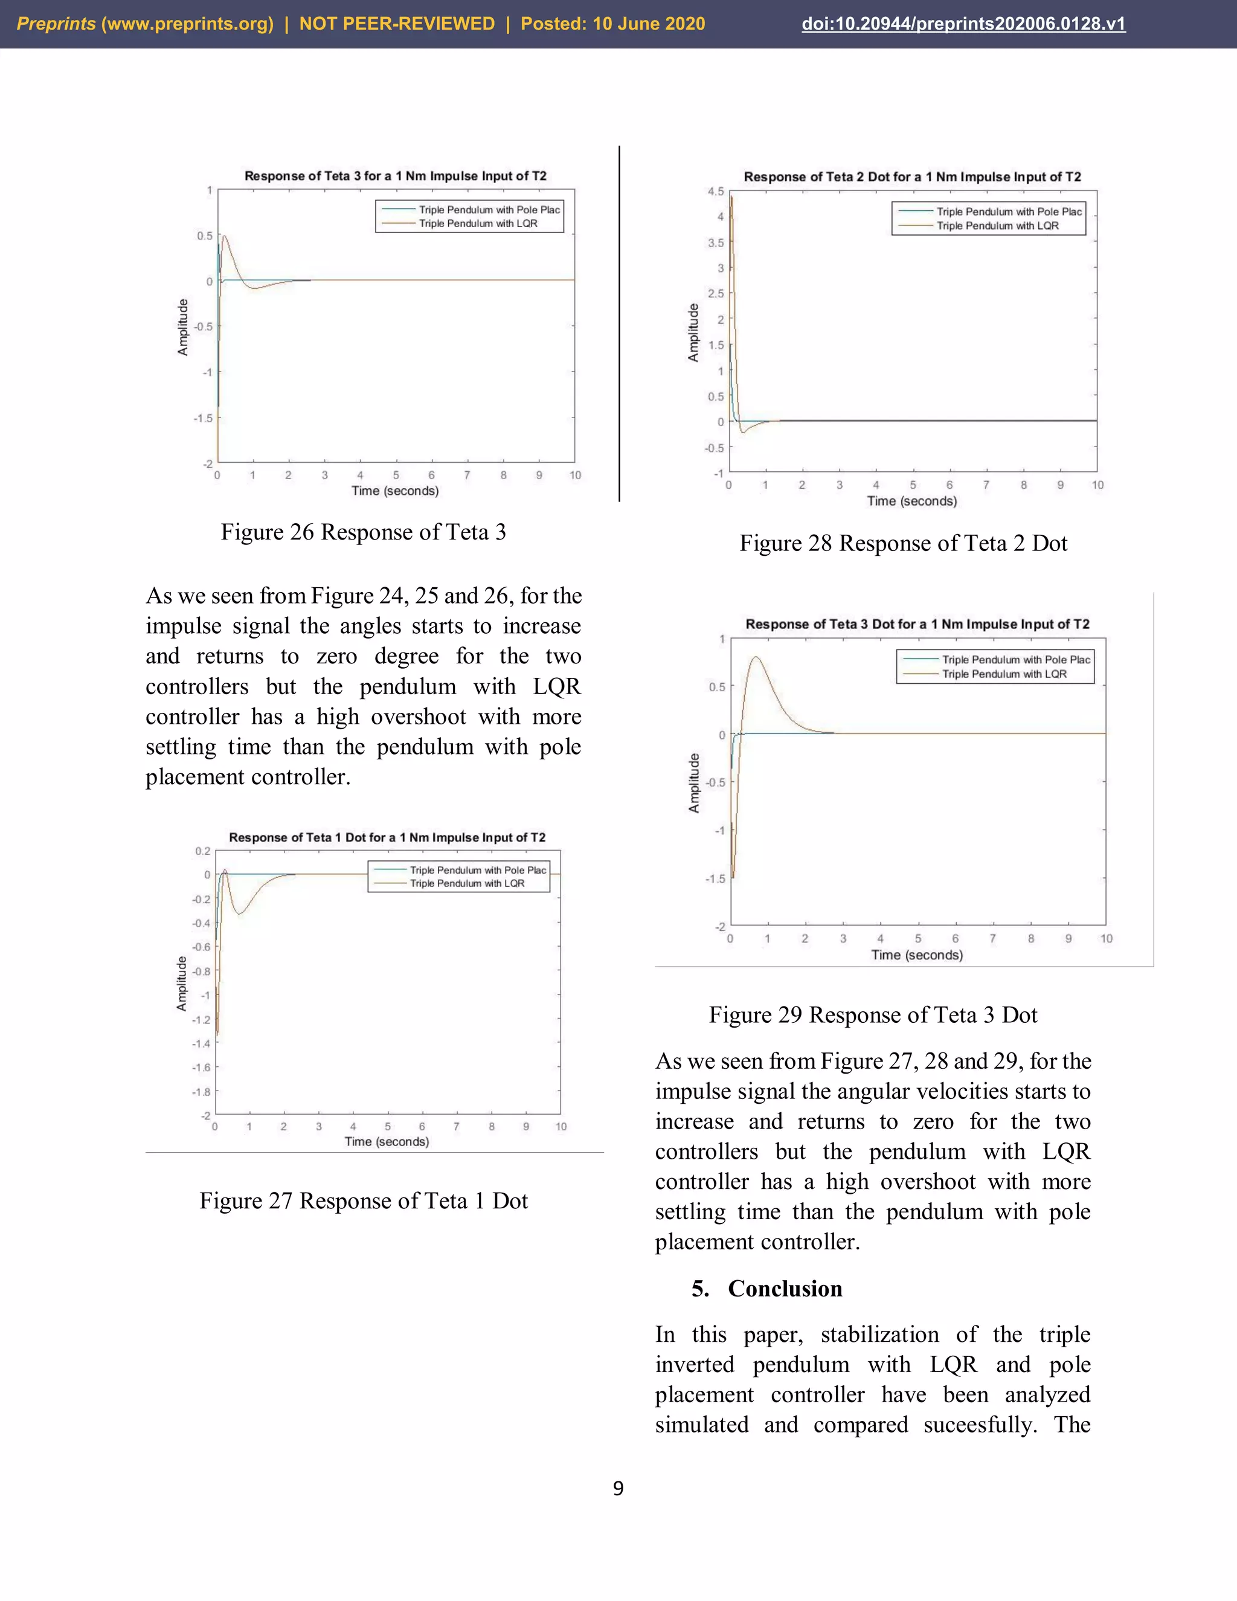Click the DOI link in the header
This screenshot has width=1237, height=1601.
tap(963, 24)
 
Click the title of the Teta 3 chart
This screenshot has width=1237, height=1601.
tap(395, 176)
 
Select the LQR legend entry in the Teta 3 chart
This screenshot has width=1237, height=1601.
tap(478, 224)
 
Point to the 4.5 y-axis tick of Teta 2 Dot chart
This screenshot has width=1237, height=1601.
tap(715, 192)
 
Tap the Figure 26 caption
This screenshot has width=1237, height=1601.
tap(364, 532)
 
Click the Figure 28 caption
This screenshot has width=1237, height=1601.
tap(903, 543)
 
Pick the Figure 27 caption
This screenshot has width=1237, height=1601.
tap(364, 1201)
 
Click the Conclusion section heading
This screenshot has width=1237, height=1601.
tap(784, 1289)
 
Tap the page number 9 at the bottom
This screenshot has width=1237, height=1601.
tap(618, 1488)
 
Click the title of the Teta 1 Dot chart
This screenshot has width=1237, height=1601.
tap(387, 837)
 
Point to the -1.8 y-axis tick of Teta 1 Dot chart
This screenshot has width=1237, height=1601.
tap(201, 1092)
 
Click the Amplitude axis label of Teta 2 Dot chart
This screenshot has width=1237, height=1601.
tap(693, 332)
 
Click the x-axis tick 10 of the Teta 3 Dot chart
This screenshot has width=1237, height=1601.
tap(1106, 938)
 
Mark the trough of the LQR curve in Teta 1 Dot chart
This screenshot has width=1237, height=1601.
tap(240, 913)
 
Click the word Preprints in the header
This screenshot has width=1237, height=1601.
tap(56, 24)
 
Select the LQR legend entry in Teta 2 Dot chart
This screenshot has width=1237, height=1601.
tap(997, 226)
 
